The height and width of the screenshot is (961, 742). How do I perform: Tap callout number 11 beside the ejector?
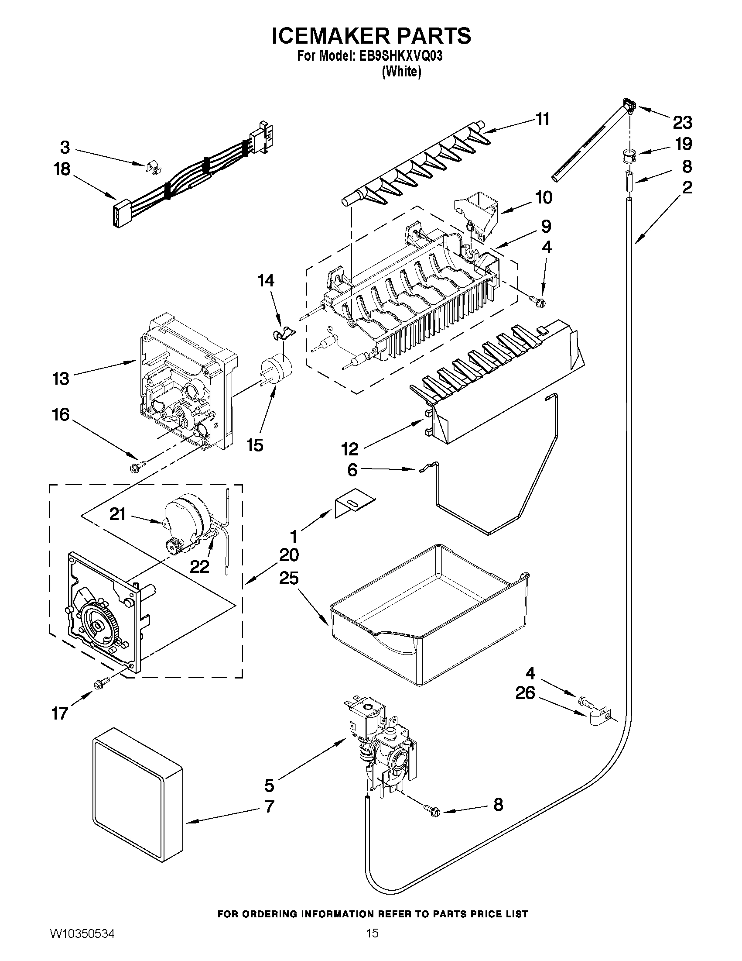(543, 119)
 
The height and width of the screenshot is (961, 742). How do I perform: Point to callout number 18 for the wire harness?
(62, 169)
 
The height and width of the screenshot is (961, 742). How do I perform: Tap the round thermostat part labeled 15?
(277, 367)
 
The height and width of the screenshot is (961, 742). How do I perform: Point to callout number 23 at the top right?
(682, 122)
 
